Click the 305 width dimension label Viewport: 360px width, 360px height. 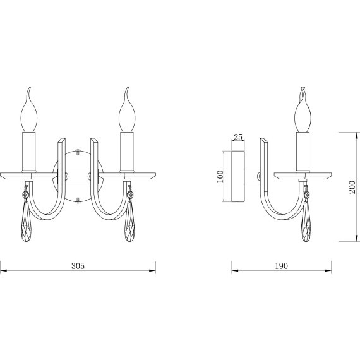tap(78, 266)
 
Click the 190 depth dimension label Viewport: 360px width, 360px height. tap(281, 266)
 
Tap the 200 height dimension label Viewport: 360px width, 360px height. tap(352, 187)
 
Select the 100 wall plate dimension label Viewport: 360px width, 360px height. tap(220, 176)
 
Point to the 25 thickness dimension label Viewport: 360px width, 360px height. tap(238, 137)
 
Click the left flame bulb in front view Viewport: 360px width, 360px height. tap(29, 110)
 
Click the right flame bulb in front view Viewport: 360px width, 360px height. tap(127, 110)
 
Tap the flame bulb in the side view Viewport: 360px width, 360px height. tap(303, 110)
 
